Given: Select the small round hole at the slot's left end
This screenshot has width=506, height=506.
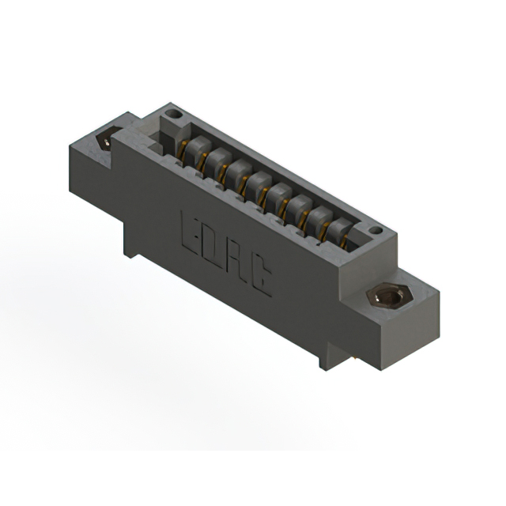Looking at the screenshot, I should pyautogui.click(x=175, y=117).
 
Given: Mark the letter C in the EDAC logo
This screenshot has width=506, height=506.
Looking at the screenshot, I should pyautogui.click(x=260, y=282).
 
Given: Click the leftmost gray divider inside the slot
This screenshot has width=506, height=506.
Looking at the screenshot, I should pyautogui.click(x=193, y=151).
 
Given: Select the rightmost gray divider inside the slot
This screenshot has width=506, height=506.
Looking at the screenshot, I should pyautogui.click(x=340, y=232).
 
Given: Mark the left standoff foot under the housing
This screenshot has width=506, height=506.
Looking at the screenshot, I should pyautogui.click(x=130, y=237).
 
